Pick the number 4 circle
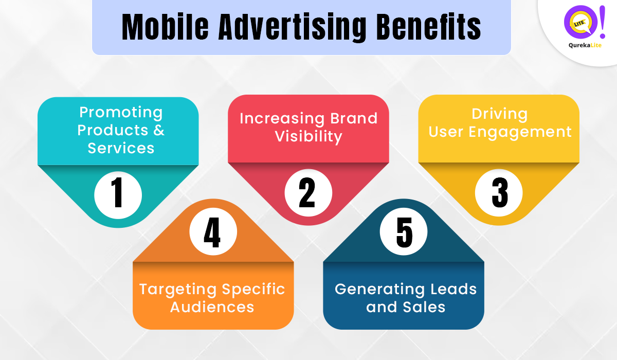pos(213,232)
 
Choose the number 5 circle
pos(404,232)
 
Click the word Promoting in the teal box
pos(121,113)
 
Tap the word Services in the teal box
pos(121,148)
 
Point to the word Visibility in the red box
pos(308,136)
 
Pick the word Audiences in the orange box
pos(212,307)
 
